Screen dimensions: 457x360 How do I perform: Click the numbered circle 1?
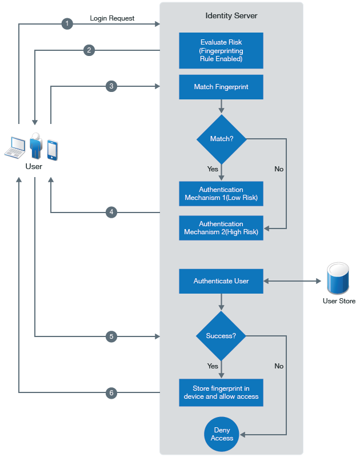click(67, 23)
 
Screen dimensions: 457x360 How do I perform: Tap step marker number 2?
click(89, 50)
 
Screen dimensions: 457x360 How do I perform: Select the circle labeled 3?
click(111, 86)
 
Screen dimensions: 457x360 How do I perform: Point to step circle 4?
click(111, 212)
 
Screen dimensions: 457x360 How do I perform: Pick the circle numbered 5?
click(111, 336)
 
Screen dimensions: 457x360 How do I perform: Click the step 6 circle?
click(111, 392)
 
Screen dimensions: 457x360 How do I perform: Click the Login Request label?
click(112, 18)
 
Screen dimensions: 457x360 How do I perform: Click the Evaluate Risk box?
click(221, 50)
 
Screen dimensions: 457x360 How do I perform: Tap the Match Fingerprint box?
click(221, 87)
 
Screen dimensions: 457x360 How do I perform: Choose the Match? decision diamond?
click(221, 139)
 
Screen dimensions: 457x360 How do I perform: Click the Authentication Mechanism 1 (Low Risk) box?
click(221, 194)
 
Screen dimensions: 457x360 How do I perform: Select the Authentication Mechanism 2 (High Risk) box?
click(221, 228)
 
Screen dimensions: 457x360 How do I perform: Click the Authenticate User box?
click(221, 281)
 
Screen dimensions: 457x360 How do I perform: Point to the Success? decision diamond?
click(221, 336)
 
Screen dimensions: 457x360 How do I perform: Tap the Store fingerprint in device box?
click(221, 392)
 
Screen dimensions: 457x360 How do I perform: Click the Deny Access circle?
click(222, 434)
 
